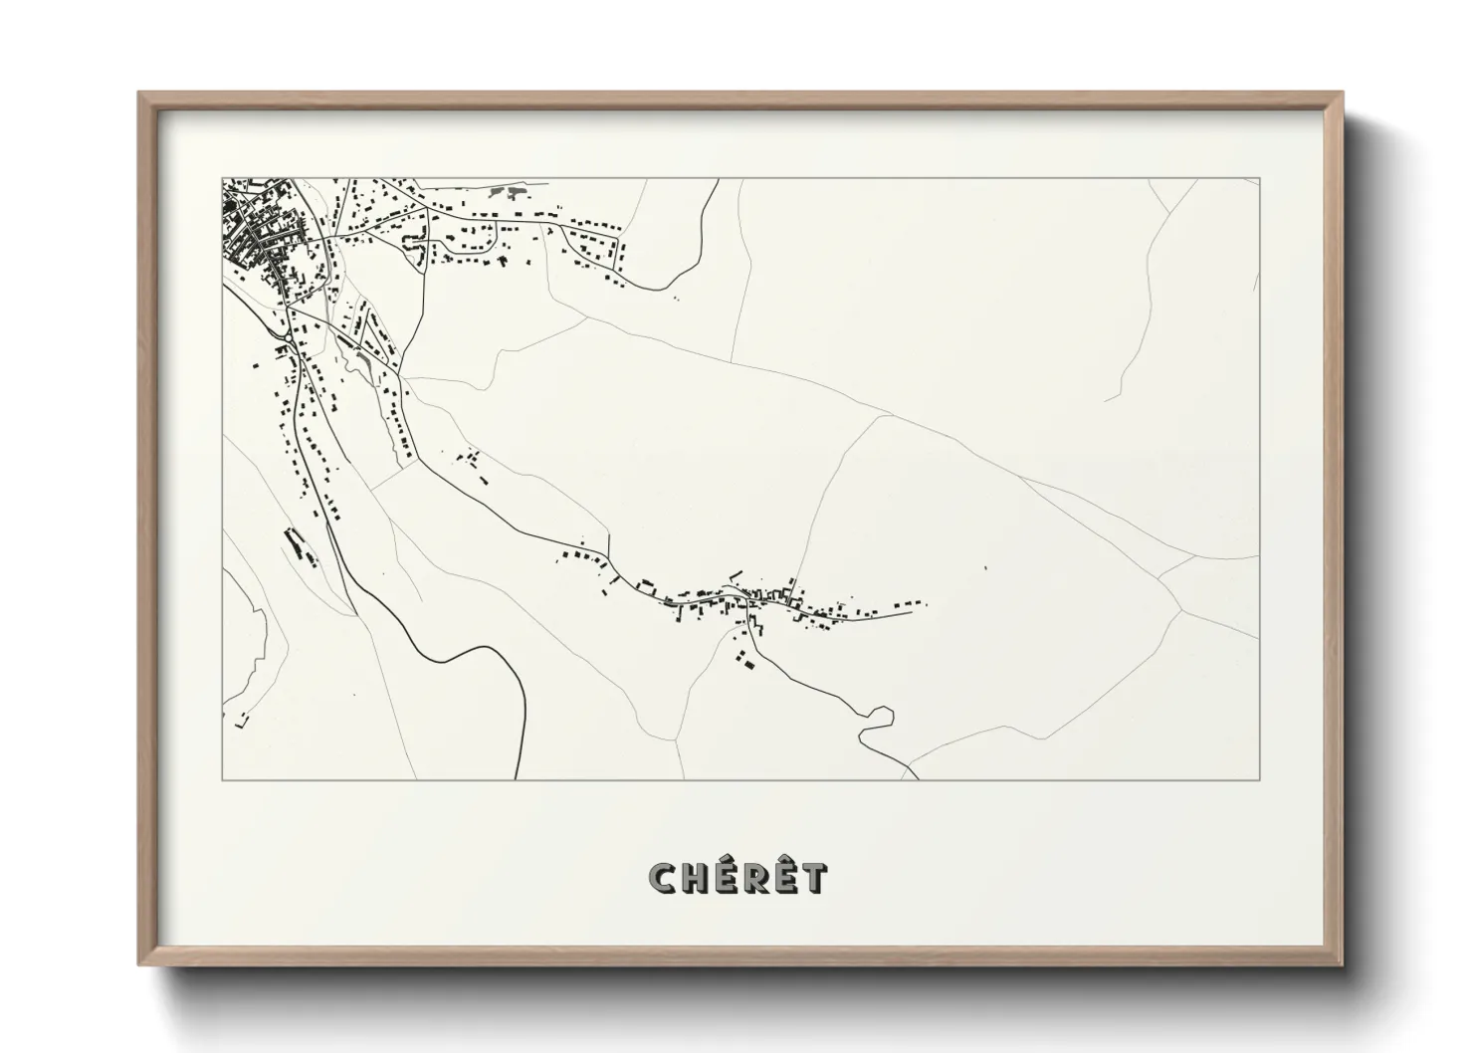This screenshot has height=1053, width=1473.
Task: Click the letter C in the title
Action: pos(663,877)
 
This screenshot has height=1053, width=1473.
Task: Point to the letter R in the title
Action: pos(754,877)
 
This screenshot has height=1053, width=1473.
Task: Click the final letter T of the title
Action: pos(813,877)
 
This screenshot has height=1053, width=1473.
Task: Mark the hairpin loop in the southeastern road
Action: pos(880,715)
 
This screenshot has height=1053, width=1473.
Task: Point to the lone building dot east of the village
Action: pos(984,567)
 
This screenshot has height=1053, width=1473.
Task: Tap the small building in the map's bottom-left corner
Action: pos(239,720)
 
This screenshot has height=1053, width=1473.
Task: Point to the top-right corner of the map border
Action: pos(1259,178)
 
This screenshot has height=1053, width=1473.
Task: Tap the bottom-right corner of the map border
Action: pos(1259,780)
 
